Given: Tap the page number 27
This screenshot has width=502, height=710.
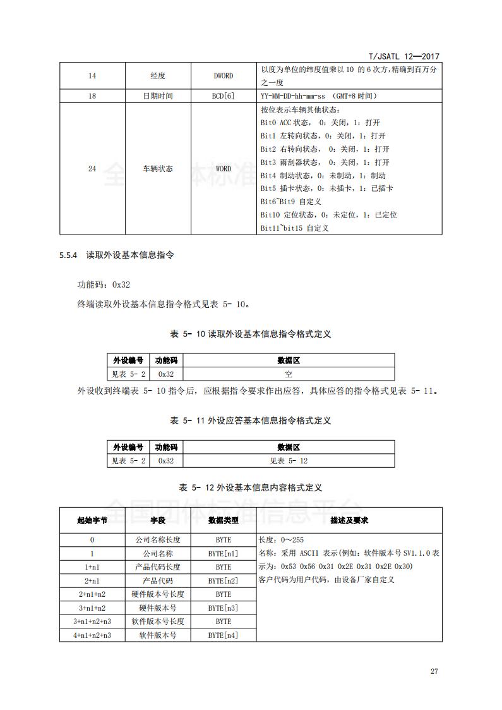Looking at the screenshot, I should [434, 671].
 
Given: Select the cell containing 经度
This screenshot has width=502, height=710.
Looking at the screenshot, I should [157, 76].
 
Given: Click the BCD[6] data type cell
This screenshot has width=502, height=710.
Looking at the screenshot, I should [223, 95].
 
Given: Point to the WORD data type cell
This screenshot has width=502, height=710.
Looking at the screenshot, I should [223, 169].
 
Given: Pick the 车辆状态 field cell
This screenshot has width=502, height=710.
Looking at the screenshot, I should [157, 169].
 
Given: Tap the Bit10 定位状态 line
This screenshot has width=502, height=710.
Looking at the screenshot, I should [328, 215].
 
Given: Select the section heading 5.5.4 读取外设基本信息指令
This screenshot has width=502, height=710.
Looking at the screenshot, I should [116, 256].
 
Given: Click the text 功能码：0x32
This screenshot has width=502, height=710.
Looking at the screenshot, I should [104, 285].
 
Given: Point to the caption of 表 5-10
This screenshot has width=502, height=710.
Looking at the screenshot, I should [251, 334].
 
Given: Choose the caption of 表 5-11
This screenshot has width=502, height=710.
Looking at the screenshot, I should [251, 420].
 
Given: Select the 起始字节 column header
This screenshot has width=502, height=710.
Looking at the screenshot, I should [92, 520].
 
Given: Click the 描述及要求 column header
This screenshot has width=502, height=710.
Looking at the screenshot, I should [349, 520].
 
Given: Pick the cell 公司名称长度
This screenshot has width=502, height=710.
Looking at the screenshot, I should [157, 540].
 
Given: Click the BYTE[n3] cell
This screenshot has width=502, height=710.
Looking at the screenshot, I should [223, 608].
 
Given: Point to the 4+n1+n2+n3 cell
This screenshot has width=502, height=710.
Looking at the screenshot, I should [92, 635].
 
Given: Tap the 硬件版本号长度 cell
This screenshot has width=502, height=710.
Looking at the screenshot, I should [157, 594].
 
